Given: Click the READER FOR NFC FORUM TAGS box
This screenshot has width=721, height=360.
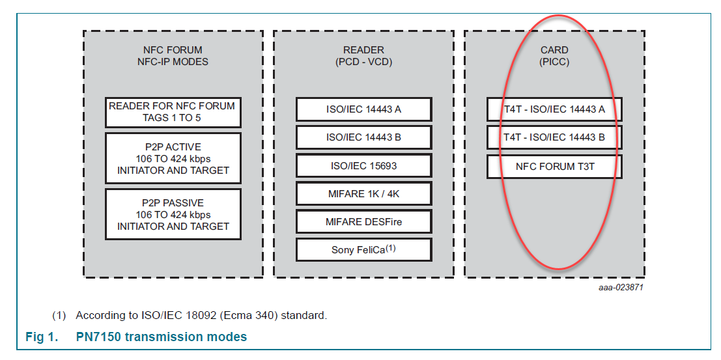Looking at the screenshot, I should (173, 112).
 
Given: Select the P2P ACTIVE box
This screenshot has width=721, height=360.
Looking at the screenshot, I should (173, 158).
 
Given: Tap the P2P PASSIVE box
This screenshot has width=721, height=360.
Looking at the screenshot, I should (173, 214).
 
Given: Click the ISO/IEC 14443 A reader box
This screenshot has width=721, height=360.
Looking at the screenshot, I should (363, 109).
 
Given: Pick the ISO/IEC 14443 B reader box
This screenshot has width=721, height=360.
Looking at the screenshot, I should (363, 137).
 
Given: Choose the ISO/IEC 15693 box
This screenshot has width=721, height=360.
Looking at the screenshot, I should (363, 165).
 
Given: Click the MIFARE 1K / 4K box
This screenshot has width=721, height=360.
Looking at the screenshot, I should (363, 193).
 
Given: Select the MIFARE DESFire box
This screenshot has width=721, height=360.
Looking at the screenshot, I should (363, 221).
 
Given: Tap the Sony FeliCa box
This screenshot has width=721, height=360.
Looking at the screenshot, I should (363, 249).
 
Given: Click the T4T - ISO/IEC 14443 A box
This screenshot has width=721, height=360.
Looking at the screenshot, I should (554, 109).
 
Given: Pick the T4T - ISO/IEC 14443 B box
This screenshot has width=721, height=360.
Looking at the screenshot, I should (554, 137).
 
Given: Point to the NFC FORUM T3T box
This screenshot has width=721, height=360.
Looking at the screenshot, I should (554, 166).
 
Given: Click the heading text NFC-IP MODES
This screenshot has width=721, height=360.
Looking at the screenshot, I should (173, 62).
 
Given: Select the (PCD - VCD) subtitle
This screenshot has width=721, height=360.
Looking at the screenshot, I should (363, 62).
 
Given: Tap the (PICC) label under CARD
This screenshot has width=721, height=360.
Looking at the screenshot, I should (554, 62).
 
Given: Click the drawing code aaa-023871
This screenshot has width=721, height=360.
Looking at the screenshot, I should (621, 287).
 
